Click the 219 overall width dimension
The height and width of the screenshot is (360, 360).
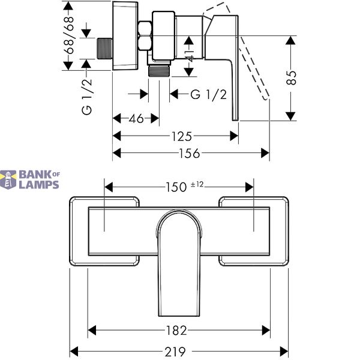pyautogui.click(x=175, y=351)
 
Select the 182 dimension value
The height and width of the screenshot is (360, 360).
pyautogui.click(x=176, y=331)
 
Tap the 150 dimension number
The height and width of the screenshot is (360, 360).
pyautogui.click(x=176, y=187)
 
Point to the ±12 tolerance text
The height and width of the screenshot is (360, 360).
pyautogui.click(x=197, y=184)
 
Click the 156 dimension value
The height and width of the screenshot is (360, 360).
pyautogui.click(x=190, y=153)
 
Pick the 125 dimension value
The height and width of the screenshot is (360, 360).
pyautogui.click(x=181, y=136)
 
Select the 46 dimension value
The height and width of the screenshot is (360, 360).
pyautogui.click(x=136, y=118)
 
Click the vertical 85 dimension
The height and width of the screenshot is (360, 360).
pyautogui.click(x=292, y=77)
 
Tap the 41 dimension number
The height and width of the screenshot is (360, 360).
pyautogui.click(x=189, y=56)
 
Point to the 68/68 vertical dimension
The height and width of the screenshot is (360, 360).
pyautogui.click(x=69, y=35)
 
